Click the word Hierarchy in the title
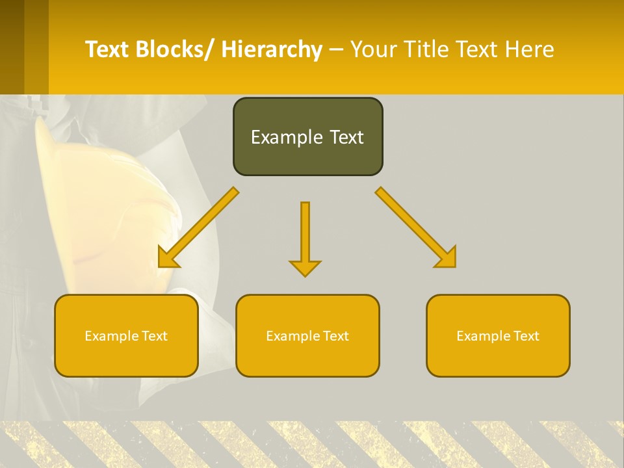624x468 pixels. pos(272,49)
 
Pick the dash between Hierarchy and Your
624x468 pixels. pos(336,50)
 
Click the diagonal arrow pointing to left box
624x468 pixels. pos(199,227)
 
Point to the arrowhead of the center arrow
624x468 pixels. pos(305,268)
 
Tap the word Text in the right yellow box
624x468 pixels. pos(526,336)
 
